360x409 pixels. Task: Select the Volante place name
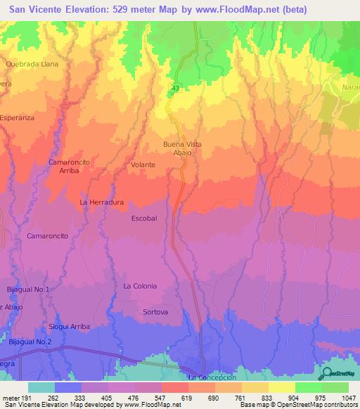click(143, 165)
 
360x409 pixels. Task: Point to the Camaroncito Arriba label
click(68, 166)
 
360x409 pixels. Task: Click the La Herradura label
click(102, 202)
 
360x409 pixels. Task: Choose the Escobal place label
click(144, 219)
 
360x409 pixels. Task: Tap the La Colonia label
click(140, 286)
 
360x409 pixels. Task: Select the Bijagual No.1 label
click(29, 290)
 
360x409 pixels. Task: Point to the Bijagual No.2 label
click(30, 342)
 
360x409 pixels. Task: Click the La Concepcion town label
click(212, 377)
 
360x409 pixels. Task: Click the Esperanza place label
click(18, 118)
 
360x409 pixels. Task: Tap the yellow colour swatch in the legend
click(281, 387)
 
